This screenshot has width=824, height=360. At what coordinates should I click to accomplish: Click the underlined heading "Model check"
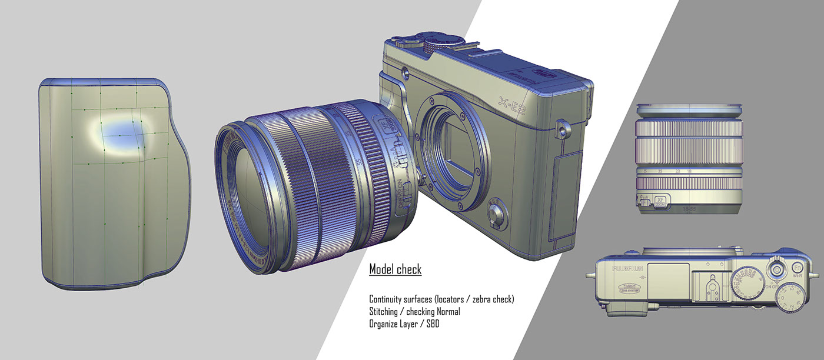(x=395, y=270)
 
